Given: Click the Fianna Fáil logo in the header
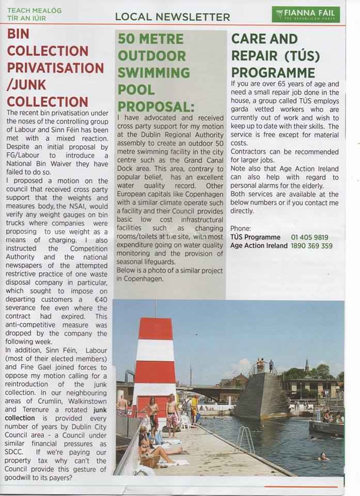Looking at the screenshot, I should [306, 14].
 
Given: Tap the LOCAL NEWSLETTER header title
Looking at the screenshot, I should [173, 17].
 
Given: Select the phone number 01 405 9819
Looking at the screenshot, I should [310, 238].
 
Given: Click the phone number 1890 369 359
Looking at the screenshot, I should [312, 246].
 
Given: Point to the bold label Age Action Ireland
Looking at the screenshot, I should [259, 246].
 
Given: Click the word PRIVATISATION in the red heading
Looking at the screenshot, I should [55, 68].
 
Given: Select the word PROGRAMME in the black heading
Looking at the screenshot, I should [273, 72].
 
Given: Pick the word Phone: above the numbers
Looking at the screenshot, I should [241, 228].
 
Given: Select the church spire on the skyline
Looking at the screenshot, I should [306, 365].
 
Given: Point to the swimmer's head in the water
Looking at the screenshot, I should [323, 455].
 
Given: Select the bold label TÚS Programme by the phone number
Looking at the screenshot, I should [256, 238].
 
